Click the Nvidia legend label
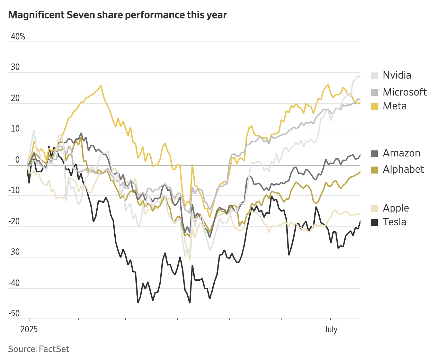(x=397, y=75)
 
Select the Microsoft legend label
(x=404, y=92)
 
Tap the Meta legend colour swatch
(x=374, y=106)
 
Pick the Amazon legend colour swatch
(x=374, y=153)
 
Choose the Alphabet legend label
(x=403, y=169)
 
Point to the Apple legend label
(x=396, y=208)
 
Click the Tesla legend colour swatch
(x=374, y=222)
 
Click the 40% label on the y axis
(x=18, y=37)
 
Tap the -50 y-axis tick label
(x=14, y=314)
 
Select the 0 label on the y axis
(x=18, y=160)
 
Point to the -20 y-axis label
(x=14, y=222)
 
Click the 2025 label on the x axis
(x=29, y=329)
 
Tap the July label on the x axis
(x=331, y=329)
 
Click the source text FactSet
(x=54, y=349)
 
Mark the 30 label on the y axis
(x=15, y=67)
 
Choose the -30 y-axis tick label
(x=14, y=252)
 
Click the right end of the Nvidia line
(x=360, y=77)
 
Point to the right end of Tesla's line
(x=360, y=221)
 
